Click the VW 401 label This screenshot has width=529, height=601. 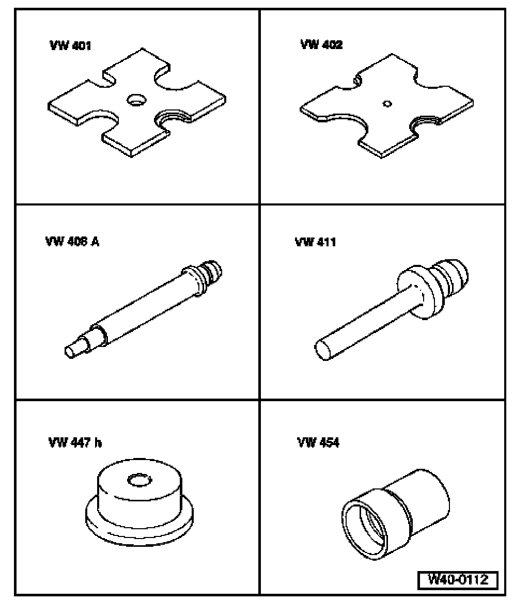70,46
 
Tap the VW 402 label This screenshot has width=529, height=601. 321,45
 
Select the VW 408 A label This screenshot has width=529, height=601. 72,242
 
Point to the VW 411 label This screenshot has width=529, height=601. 315,242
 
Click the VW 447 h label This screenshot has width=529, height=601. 75,442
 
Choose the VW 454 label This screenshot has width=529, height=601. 318,442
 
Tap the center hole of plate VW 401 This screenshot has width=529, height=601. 136,100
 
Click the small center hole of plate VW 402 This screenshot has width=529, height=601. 387,103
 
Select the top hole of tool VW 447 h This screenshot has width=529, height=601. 139,480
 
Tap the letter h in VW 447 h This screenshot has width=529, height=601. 98,442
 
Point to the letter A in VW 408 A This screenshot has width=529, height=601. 95,242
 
